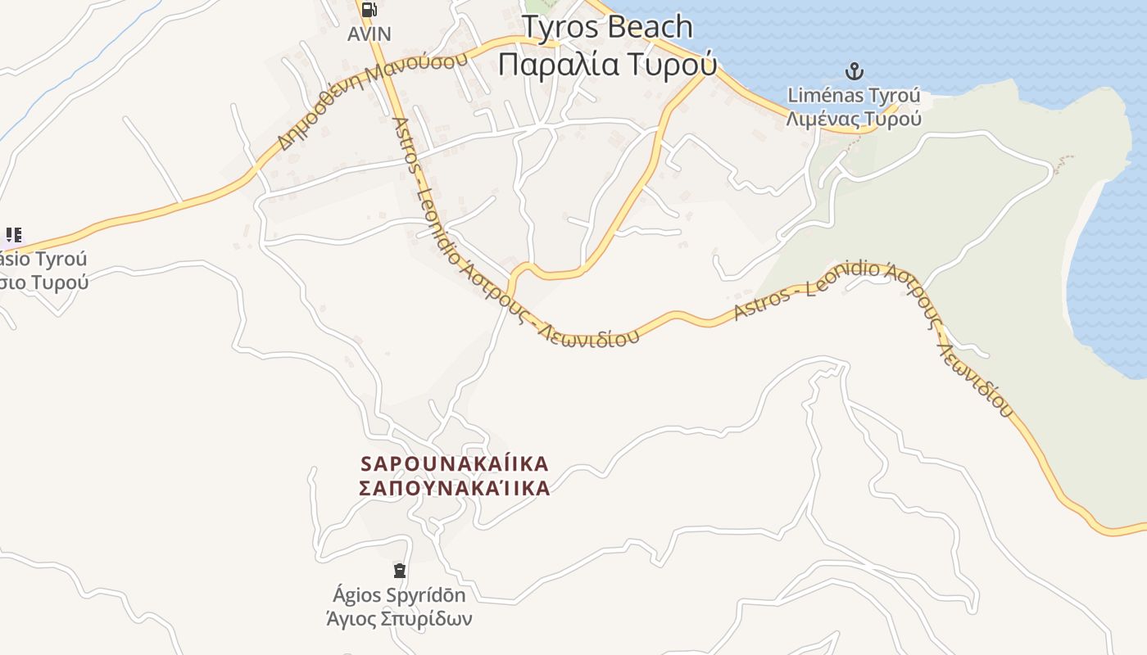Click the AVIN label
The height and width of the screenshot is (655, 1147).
click(369, 34)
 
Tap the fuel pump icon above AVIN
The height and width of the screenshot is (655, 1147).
click(369, 10)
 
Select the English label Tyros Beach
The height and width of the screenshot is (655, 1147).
click(607, 27)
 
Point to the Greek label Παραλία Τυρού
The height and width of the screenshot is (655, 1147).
click(607, 63)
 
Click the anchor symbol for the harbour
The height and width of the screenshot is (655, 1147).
click(855, 71)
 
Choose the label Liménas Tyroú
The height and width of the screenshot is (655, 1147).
click(854, 95)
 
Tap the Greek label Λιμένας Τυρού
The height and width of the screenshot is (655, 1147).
click(854, 119)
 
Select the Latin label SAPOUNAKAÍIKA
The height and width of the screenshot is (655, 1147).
click(455, 464)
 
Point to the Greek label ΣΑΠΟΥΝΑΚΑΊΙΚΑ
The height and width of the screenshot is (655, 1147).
click(455, 489)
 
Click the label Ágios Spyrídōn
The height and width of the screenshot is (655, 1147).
click(399, 595)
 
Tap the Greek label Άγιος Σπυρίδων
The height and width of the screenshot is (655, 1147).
click(399, 618)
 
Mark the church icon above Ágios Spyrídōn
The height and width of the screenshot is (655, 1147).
click(400, 570)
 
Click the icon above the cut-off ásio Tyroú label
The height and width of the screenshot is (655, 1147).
click(13, 236)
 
